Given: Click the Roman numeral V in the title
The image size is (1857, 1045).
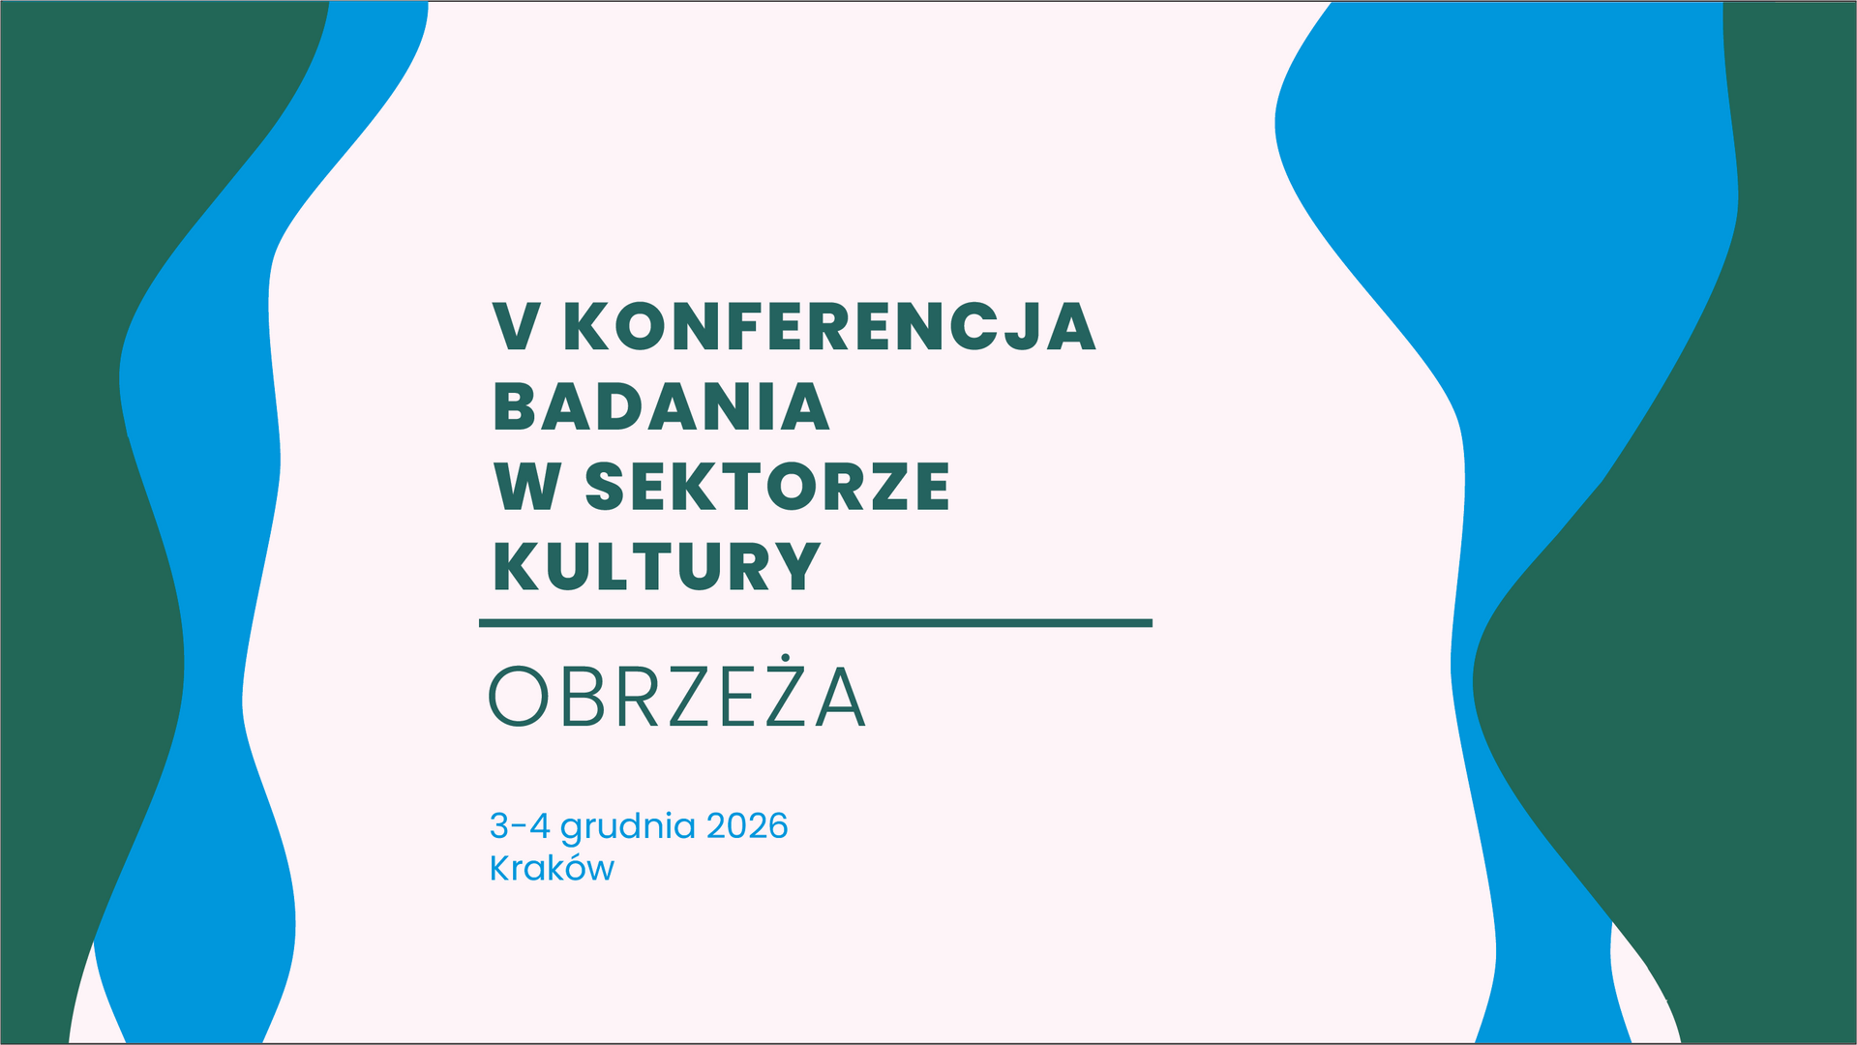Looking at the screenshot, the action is coord(517,326).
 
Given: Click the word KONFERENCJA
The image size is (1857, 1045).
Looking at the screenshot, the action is coord(829,326).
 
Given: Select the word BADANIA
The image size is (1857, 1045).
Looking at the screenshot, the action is coord(662,406).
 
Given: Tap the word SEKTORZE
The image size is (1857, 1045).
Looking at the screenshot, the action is coord(767,486).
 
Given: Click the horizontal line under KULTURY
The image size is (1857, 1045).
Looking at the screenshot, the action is coord(816,623).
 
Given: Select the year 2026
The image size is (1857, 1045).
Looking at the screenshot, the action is coord(747,825).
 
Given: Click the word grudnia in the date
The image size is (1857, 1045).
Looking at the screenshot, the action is coord(627,828).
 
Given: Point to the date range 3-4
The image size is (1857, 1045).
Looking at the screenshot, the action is coord(520,825).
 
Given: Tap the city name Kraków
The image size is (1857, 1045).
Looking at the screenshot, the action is coord(552,867).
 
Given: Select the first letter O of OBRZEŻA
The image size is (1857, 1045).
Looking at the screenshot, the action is coord(519,696).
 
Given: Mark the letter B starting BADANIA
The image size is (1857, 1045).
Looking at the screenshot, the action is coord(513,406).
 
